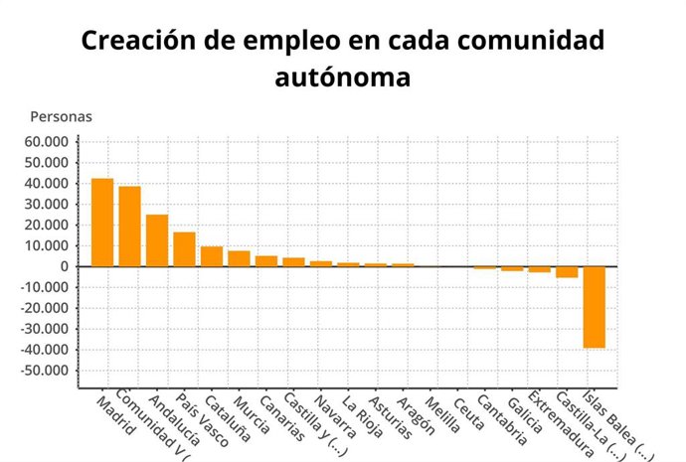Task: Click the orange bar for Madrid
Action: [102, 223]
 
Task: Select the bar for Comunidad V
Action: [129, 227]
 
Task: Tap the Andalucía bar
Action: [157, 240]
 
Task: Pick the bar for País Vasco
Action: [184, 249]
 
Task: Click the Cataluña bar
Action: [212, 256]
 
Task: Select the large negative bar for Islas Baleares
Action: [594, 307]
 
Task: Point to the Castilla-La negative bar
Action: [567, 271]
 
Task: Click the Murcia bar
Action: [239, 258]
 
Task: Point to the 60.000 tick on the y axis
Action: [47, 142]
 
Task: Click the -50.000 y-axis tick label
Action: [45, 371]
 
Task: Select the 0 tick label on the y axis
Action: [64, 266]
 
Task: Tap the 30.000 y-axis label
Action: [47, 205]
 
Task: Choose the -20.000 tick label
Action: [45, 308]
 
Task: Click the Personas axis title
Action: [61, 116]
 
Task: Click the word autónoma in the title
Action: [342, 77]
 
